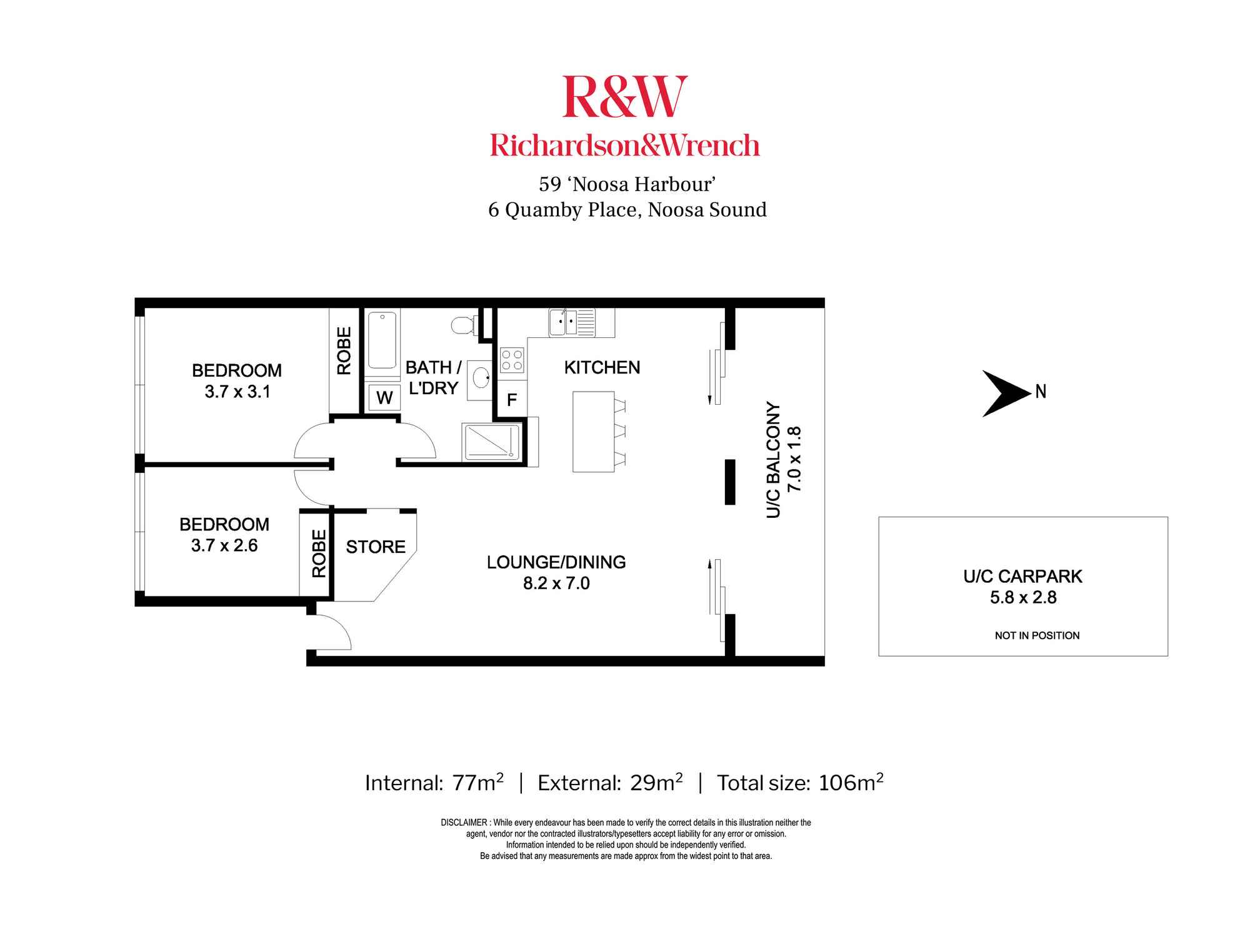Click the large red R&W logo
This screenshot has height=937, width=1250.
pos(624,97)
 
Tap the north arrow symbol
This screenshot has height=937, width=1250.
pos(1005,393)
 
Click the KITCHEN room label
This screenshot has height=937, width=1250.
pos(602,367)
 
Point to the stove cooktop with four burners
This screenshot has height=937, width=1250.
pos(512,360)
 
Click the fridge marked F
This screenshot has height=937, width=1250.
pos(512,400)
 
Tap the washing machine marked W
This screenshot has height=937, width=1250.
pos(384,397)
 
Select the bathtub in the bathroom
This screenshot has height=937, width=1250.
pos(382,340)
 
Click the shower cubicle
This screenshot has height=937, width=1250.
pos(491,442)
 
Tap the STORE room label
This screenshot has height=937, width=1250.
pos(376,547)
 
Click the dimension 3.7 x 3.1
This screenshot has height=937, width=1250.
pos(237,392)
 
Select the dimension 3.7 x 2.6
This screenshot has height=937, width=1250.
pos(224,546)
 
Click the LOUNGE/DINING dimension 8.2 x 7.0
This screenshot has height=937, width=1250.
pos(556,583)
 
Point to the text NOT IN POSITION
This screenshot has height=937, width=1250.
pos(1037,636)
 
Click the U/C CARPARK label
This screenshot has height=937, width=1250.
pos(1022,577)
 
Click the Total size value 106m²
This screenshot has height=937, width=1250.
pos(851,783)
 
